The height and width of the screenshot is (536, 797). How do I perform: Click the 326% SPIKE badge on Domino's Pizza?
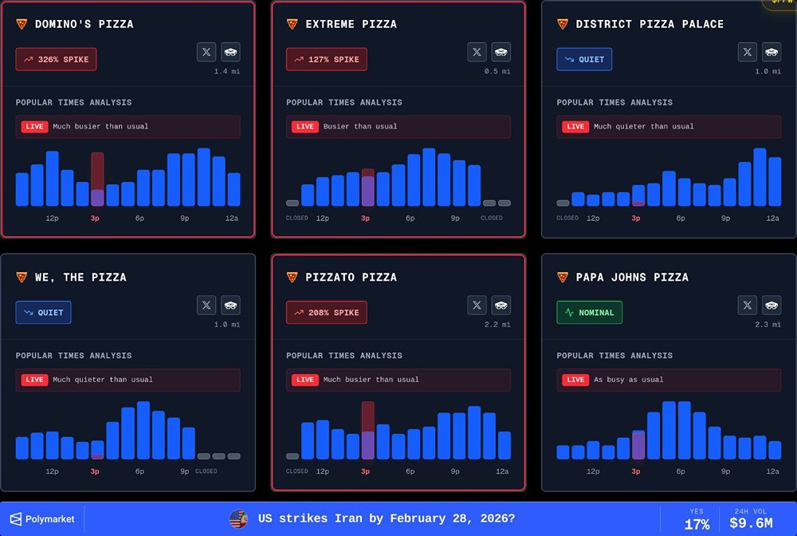56,59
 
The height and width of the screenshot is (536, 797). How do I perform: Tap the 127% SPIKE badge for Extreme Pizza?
326,59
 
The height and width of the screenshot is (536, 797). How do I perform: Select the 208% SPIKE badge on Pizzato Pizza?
326,313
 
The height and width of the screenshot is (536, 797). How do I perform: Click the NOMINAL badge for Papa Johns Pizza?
589,313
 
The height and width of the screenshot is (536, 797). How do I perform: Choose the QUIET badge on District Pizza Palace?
584,59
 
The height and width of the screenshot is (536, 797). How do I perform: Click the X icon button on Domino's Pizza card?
206,52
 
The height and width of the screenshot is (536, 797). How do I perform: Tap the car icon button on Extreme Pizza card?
501,52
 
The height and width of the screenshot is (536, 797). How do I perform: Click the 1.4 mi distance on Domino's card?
226,72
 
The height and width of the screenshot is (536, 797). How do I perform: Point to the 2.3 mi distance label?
768,325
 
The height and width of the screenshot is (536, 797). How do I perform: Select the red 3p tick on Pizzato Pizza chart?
365,471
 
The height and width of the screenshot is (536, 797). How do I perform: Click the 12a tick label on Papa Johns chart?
772,471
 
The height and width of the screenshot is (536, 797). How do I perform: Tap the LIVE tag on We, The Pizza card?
34,380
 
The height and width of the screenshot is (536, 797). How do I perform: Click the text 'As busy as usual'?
628,380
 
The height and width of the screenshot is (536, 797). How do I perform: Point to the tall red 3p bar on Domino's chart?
97,179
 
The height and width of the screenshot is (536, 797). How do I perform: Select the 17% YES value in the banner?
697,524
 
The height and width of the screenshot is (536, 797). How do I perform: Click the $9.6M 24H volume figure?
751,524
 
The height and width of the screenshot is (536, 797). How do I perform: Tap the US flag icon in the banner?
238,518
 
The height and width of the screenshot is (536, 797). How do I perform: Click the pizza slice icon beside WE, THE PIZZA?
22,277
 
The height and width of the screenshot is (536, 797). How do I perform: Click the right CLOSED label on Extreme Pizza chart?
492,218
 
